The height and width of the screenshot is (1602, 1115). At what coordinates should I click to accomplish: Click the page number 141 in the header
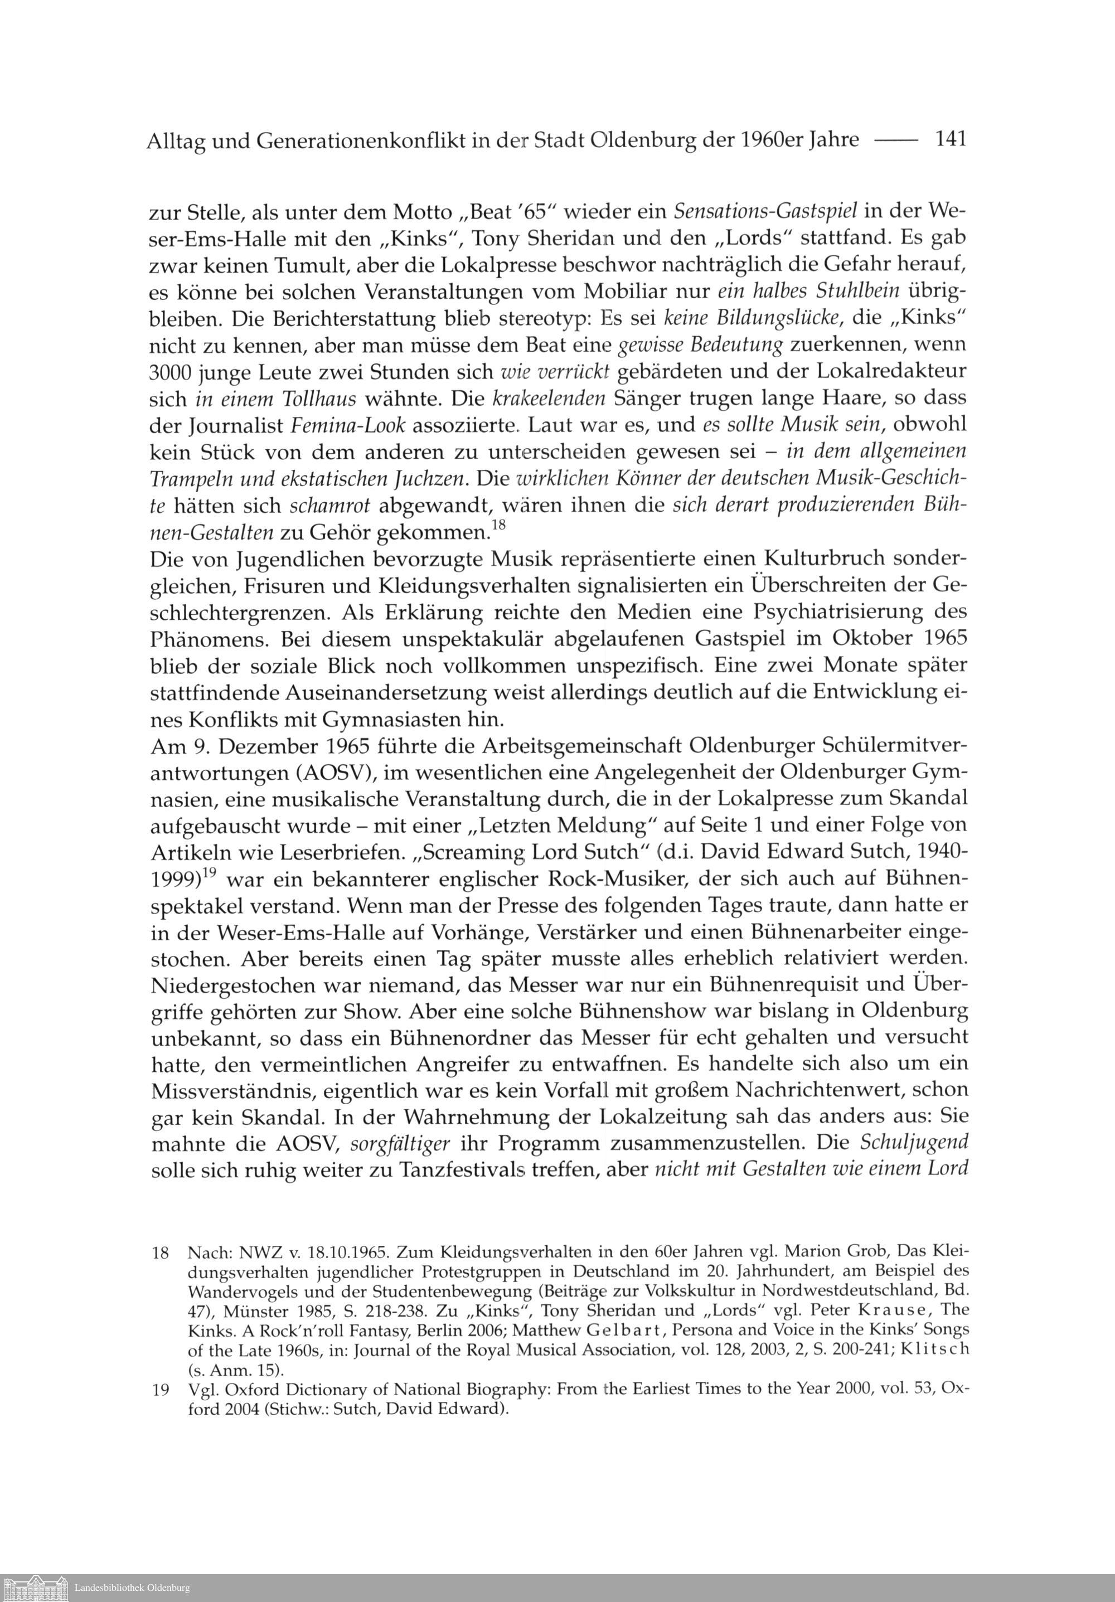pyautogui.click(x=951, y=139)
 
